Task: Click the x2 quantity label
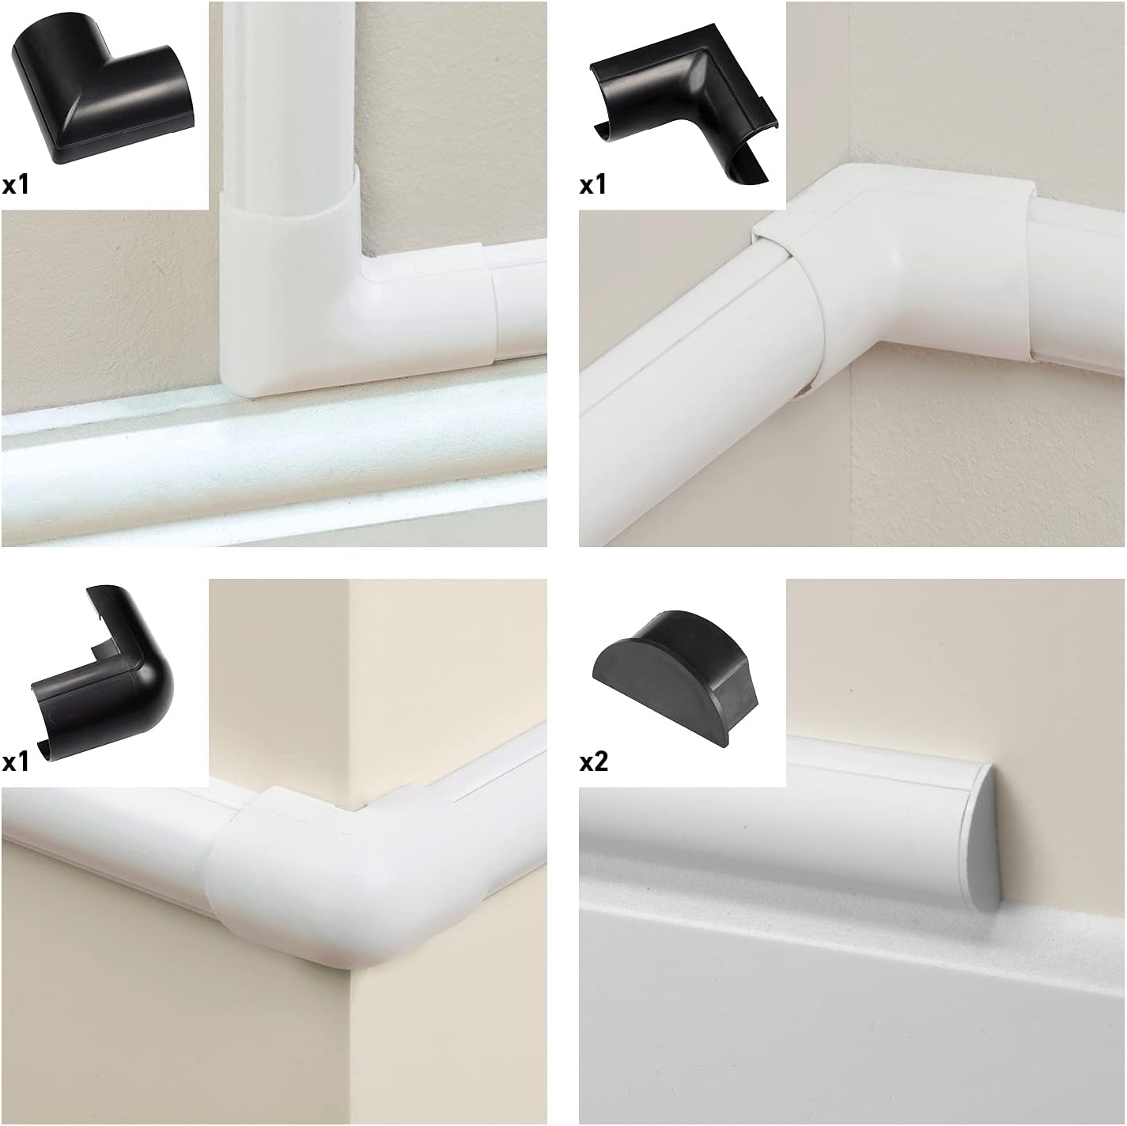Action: point(594,761)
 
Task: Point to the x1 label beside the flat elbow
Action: point(16,185)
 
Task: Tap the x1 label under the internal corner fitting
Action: point(593,185)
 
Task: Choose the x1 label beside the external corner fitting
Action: point(16,762)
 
